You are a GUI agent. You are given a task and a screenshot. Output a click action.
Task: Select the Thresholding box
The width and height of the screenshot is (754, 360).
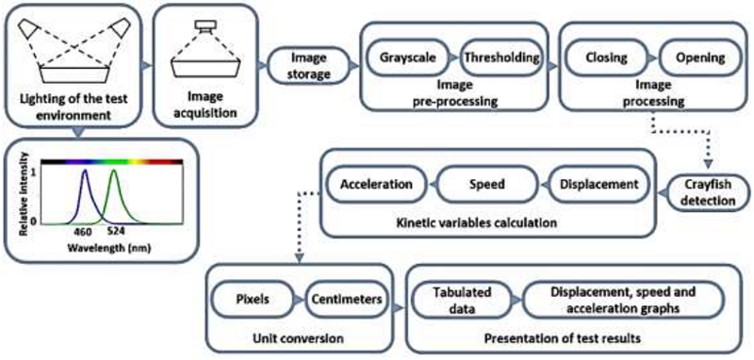click(x=500, y=57)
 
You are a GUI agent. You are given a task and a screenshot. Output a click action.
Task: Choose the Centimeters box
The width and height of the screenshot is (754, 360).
click(x=346, y=300)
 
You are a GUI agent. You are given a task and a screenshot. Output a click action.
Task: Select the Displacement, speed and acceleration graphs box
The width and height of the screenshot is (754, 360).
click(x=623, y=300)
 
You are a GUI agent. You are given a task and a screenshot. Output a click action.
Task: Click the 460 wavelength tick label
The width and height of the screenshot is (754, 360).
click(x=85, y=229)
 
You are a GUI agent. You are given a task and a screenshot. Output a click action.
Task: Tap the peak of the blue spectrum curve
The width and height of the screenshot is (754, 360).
click(x=86, y=172)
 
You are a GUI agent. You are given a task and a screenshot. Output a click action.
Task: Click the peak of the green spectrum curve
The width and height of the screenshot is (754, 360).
click(x=114, y=172)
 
